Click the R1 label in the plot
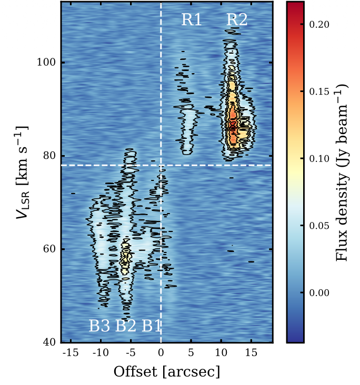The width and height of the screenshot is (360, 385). (x=192, y=20)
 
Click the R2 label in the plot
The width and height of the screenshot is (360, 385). (x=237, y=20)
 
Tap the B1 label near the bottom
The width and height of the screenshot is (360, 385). (x=152, y=326)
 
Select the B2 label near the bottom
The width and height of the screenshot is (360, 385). (x=126, y=326)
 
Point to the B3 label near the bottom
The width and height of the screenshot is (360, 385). (x=99, y=326)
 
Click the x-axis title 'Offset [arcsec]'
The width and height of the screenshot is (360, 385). (x=167, y=372)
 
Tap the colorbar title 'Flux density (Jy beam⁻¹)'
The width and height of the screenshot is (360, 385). (x=345, y=173)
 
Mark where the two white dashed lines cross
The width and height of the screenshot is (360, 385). (x=161, y=165)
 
